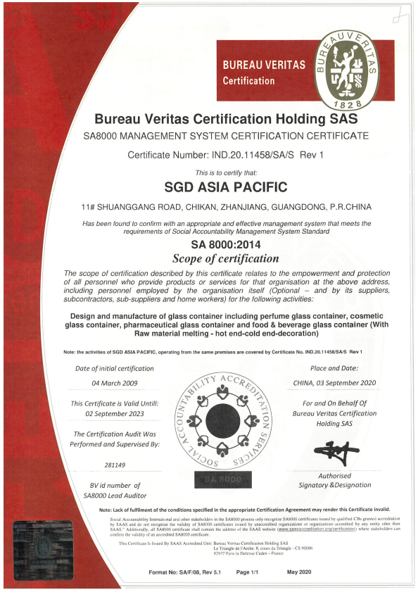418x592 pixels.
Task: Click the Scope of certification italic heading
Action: pos(225,258)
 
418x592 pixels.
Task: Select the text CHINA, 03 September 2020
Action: pos(334,383)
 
